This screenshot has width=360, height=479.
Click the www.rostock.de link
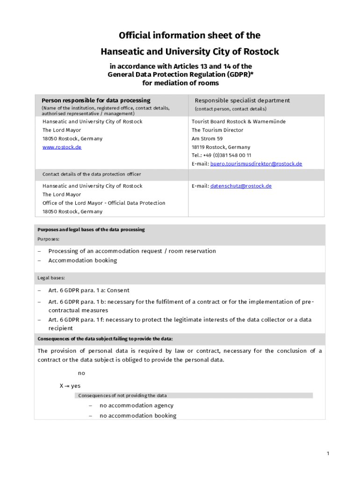62,147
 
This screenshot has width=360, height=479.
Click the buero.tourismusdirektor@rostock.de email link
256,164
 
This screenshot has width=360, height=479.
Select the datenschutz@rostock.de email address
241,186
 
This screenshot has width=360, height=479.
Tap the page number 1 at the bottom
328,454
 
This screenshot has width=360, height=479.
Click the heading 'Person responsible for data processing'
96,100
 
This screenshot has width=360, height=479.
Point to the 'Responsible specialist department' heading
242,100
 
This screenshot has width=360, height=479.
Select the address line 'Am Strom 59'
207,138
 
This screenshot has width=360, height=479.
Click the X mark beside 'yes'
61,386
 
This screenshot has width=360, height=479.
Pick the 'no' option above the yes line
81,373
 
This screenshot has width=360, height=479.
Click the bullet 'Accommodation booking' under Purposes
83,261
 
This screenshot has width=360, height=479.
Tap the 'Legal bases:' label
51,278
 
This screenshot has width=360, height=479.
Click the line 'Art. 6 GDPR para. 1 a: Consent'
89,290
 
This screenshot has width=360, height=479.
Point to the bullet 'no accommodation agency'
136,406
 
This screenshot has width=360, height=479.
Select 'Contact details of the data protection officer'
92,174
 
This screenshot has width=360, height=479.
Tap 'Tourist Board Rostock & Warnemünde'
238,122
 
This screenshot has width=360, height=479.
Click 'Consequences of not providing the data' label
122,395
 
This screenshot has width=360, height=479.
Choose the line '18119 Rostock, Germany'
221,147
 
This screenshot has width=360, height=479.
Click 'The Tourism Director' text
217,130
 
